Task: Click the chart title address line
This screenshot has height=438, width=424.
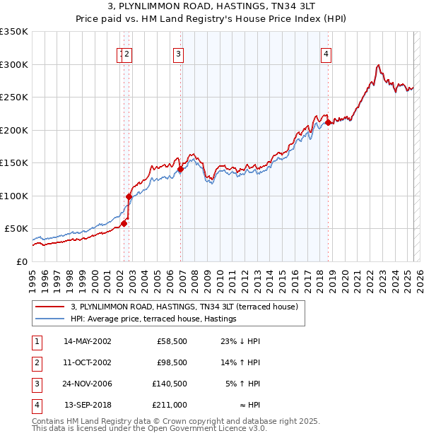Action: [x=211, y=6]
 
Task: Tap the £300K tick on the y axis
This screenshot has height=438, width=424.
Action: [x=14, y=64]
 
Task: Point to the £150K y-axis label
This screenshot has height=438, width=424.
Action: [x=14, y=162]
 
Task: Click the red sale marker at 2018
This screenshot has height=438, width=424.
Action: [x=328, y=123]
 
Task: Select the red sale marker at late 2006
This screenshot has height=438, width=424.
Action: [x=181, y=169]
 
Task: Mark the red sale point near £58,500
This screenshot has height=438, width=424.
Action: [x=124, y=223]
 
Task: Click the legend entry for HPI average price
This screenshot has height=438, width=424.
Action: [x=153, y=319]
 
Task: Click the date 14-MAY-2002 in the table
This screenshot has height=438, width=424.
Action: [x=88, y=341]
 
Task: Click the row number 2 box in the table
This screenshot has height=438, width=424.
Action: [x=36, y=362]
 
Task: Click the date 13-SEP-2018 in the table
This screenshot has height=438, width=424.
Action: [x=88, y=406]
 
